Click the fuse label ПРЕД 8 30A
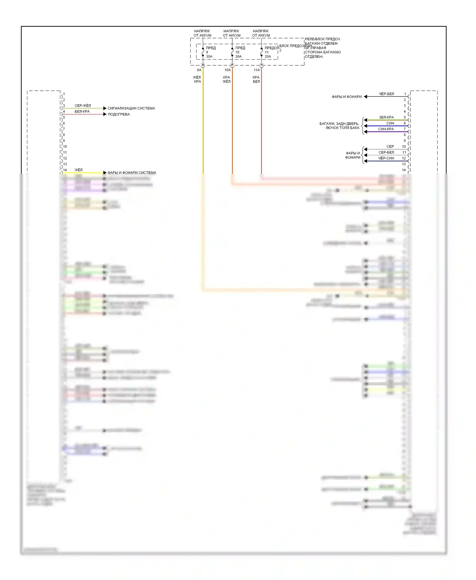210,52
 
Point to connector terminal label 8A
199,70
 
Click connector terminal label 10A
228,70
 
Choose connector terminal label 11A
256,70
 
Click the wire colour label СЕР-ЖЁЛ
83,106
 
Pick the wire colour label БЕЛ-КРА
82,112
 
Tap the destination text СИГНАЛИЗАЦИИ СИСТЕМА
131,109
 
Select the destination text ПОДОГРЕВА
119,115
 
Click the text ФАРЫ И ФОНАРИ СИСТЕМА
132,173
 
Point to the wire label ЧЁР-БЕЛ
386,94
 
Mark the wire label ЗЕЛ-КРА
386,117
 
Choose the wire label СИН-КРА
386,129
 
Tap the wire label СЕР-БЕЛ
386,153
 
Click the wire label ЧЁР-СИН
386,158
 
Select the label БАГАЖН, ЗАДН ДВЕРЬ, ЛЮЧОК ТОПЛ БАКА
339,126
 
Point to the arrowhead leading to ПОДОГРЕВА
105,114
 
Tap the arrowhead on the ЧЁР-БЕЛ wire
366,96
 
